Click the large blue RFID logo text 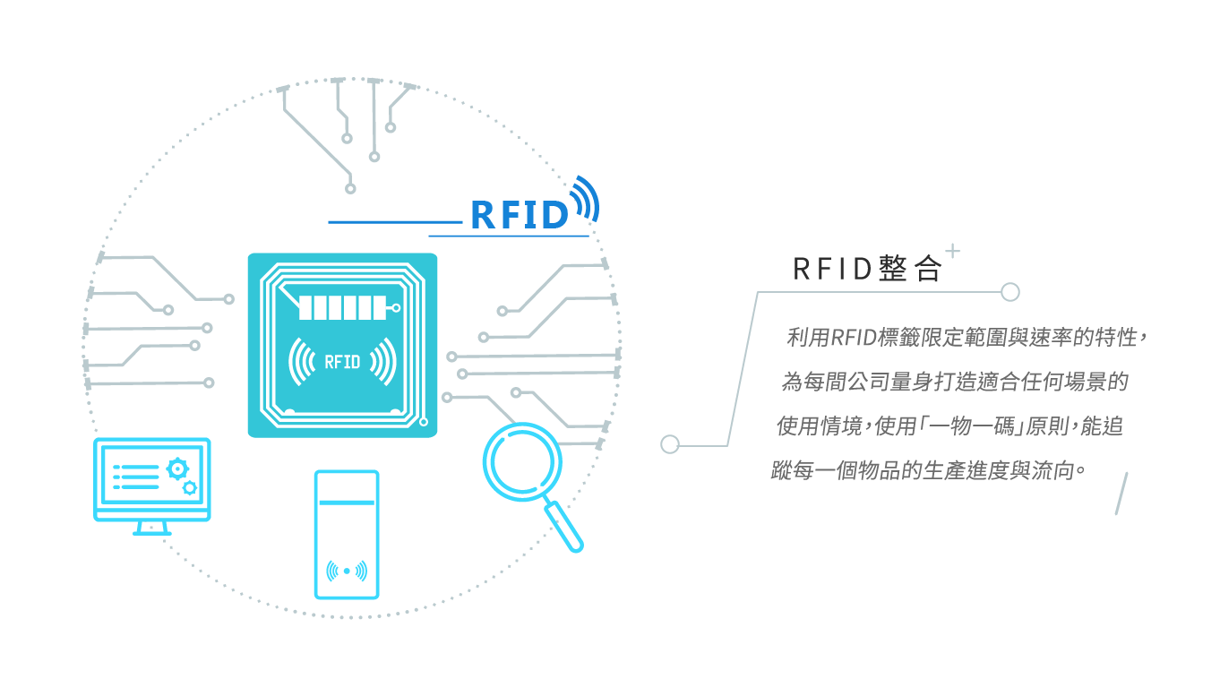click(520, 215)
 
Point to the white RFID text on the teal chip click(341, 362)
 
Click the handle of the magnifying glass click(565, 528)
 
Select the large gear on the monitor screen click(177, 468)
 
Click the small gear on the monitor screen click(189, 488)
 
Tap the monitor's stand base click(151, 532)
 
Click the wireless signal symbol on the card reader click(347, 571)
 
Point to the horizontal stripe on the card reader click(347, 503)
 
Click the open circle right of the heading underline click(1010, 291)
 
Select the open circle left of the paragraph click(669, 444)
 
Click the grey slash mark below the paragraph click(1120, 494)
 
